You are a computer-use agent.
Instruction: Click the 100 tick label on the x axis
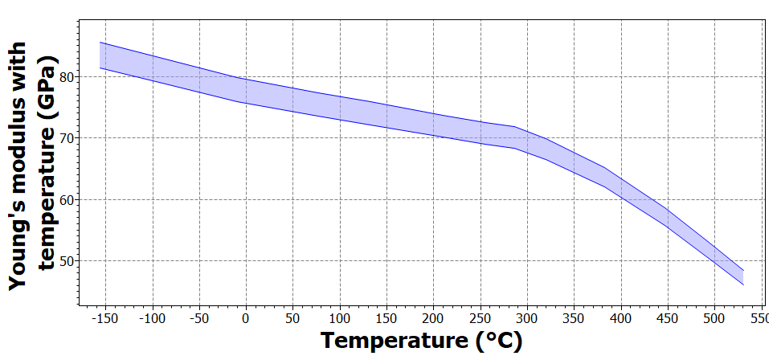tap(340, 318)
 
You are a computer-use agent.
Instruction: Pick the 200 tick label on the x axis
tap(434, 318)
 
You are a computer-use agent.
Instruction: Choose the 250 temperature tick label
tap(481, 318)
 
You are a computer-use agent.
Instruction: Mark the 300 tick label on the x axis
tap(527, 318)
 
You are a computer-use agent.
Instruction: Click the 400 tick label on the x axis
tap(621, 318)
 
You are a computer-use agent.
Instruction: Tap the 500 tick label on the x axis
tap(714, 318)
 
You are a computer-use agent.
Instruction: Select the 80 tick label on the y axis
tap(67, 77)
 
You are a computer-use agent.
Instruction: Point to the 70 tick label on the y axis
tap(67, 138)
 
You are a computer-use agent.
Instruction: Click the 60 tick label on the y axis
tap(67, 200)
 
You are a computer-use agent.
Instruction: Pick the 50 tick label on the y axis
tap(67, 261)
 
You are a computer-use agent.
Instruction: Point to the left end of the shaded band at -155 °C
tap(100, 55)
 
